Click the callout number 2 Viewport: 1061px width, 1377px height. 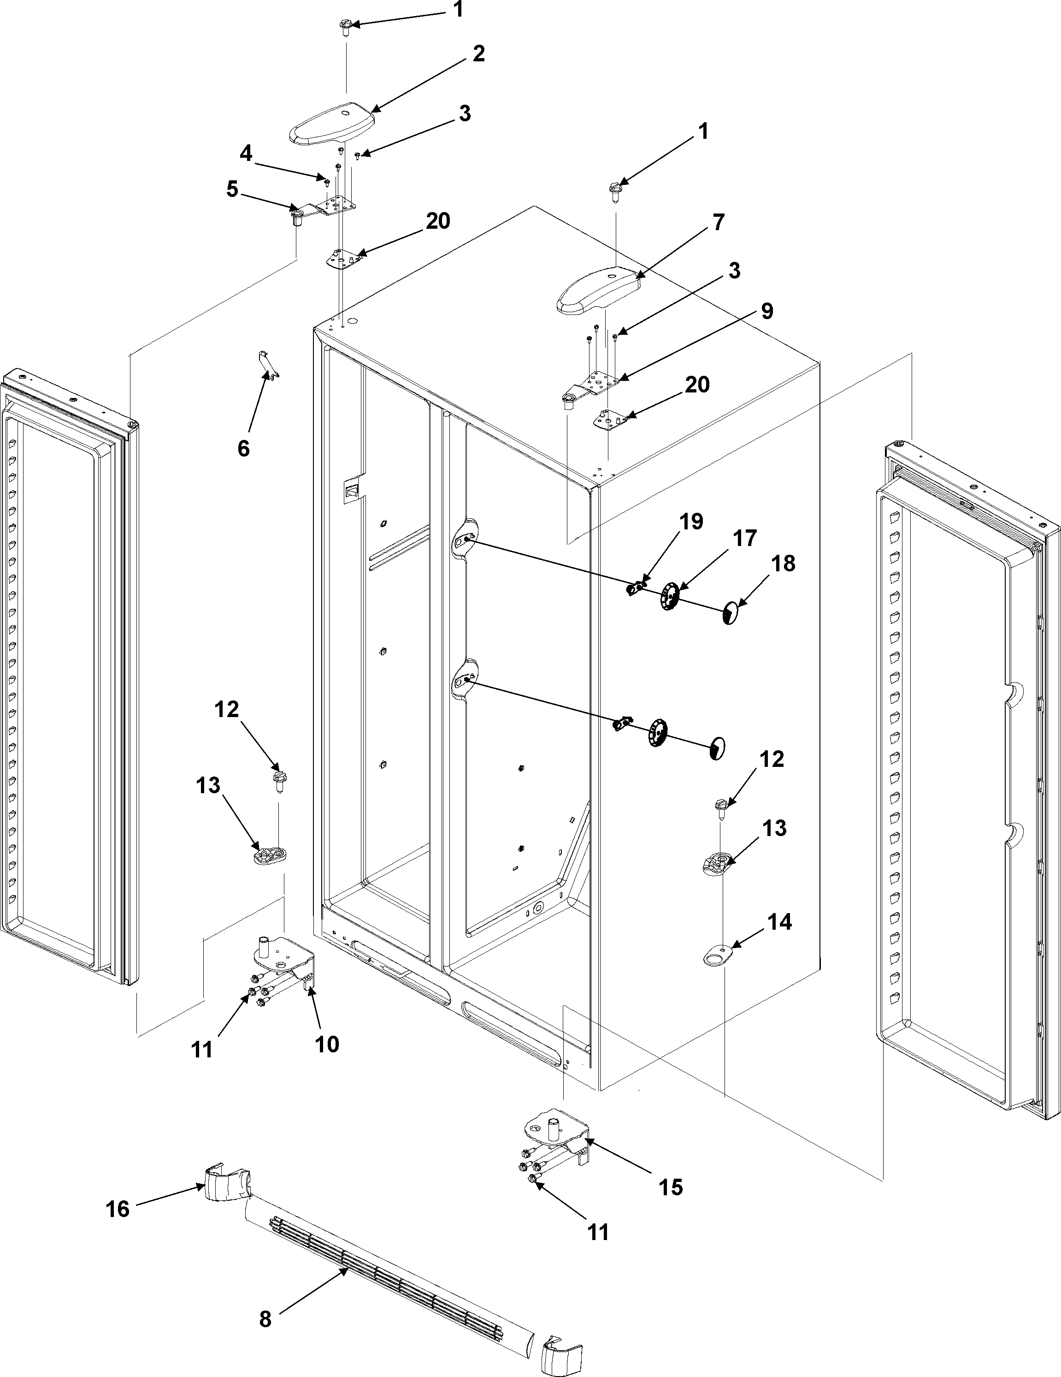tap(479, 54)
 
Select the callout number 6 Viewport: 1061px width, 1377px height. tap(244, 448)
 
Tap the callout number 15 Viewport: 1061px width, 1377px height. tap(671, 1187)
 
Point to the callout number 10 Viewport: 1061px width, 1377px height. tap(327, 1044)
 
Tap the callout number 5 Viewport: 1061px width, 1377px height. tap(232, 189)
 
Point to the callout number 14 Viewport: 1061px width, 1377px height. tap(779, 922)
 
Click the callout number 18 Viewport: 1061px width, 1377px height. tap(783, 564)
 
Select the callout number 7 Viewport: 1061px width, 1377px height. tap(718, 223)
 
